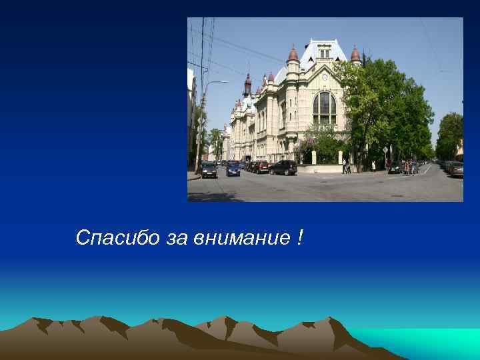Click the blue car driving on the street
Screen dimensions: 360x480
tap(233, 169)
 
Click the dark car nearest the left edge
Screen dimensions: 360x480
tap(209, 170)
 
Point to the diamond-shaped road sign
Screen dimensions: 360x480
tap(385, 150)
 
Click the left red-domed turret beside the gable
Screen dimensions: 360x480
tap(293, 55)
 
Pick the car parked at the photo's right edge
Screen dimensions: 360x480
tap(456, 169)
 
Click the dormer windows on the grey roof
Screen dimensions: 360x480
tap(324, 51)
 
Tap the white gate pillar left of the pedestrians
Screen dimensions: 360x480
tap(338, 158)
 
